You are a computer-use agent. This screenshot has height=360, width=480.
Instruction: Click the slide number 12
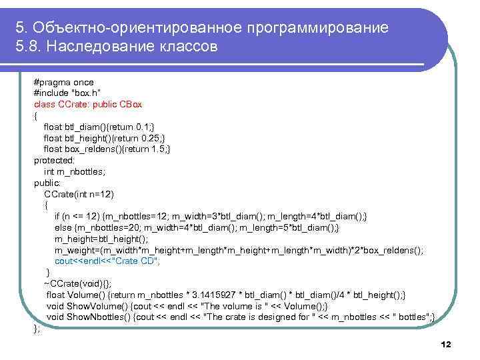(x=446, y=344)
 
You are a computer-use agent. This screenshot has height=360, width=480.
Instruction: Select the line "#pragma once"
(x=63, y=82)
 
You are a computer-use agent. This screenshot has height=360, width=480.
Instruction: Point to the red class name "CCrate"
(x=70, y=105)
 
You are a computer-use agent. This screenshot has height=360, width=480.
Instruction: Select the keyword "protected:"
(x=55, y=161)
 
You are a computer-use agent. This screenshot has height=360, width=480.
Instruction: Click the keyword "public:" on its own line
(x=47, y=183)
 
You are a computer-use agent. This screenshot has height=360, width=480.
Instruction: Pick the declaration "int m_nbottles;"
(x=75, y=171)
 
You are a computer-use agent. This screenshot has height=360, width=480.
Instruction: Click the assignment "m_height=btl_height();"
(x=101, y=239)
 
